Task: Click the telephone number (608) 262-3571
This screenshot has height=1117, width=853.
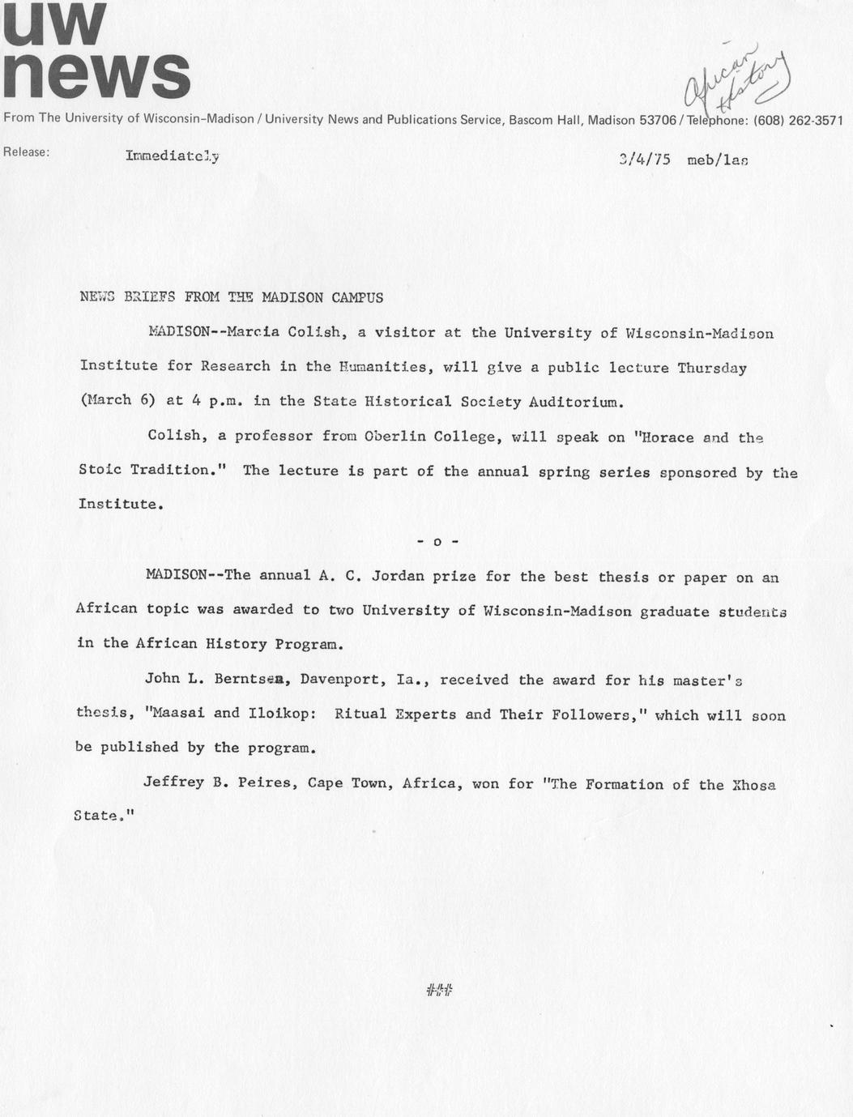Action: (x=798, y=120)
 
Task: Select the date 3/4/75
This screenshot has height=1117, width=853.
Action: (x=644, y=160)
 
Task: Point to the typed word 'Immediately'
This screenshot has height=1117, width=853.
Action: (x=172, y=156)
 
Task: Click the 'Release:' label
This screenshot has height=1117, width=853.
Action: (x=27, y=151)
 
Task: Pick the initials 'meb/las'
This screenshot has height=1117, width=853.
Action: (x=717, y=160)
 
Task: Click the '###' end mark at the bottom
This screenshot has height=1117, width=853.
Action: (x=438, y=989)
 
